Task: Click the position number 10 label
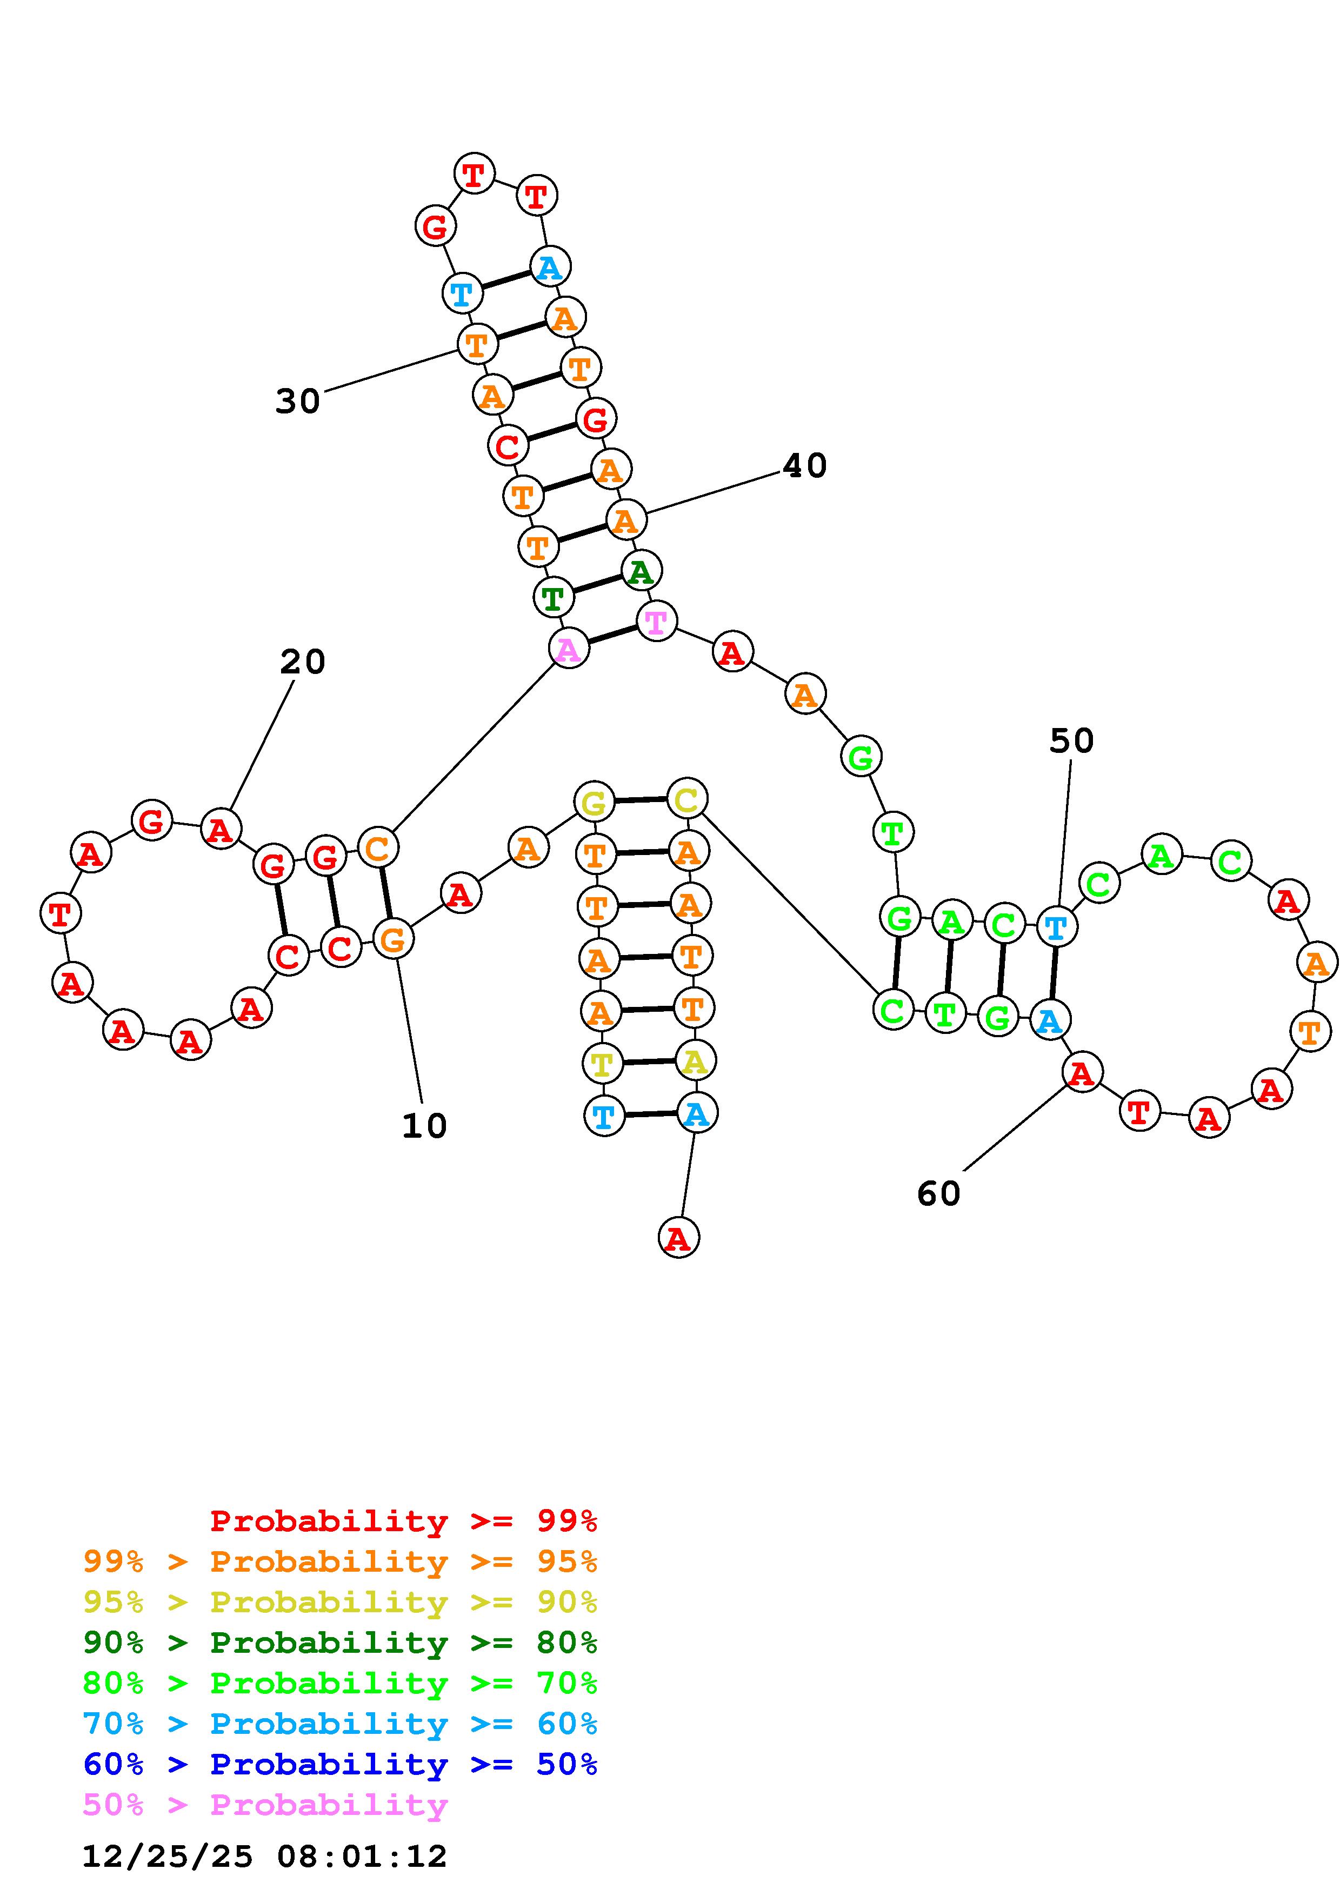click(424, 1125)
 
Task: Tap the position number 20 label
click(302, 662)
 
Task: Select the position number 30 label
click(297, 402)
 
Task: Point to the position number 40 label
click(804, 466)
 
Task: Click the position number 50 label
click(1071, 741)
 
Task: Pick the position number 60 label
click(939, 1193)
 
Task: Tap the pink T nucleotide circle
click(656, 621)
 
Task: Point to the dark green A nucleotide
click(641, 571)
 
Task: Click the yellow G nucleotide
click(594, 802)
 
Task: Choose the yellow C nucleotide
click(687, 798)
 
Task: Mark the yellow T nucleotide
click(602, 1064)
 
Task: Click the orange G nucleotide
click(393, 939)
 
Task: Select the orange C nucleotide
click(377, 847)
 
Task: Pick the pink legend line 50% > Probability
click(266, 1804)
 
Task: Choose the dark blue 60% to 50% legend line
click(340, 1764)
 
